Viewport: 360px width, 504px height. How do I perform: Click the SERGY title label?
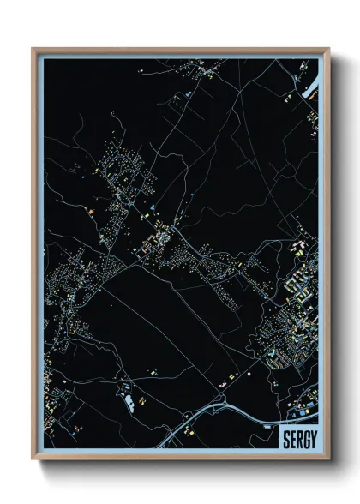[297, 440]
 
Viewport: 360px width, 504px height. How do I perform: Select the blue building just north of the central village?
[153, 208]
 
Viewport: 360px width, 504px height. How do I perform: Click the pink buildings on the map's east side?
[299, 248]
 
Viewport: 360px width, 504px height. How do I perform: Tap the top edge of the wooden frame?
[180, 48]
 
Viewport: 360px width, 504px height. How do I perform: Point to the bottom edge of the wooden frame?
[180, 460]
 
